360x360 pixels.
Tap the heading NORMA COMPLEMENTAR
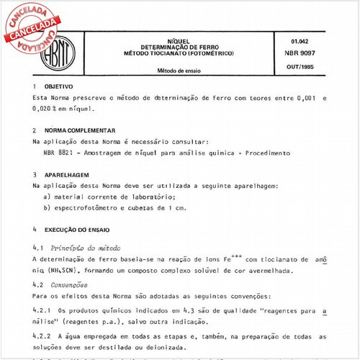[x=81, y=131]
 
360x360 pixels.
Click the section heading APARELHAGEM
[x=71, y=175]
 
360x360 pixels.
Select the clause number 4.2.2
[x=43, y=336]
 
